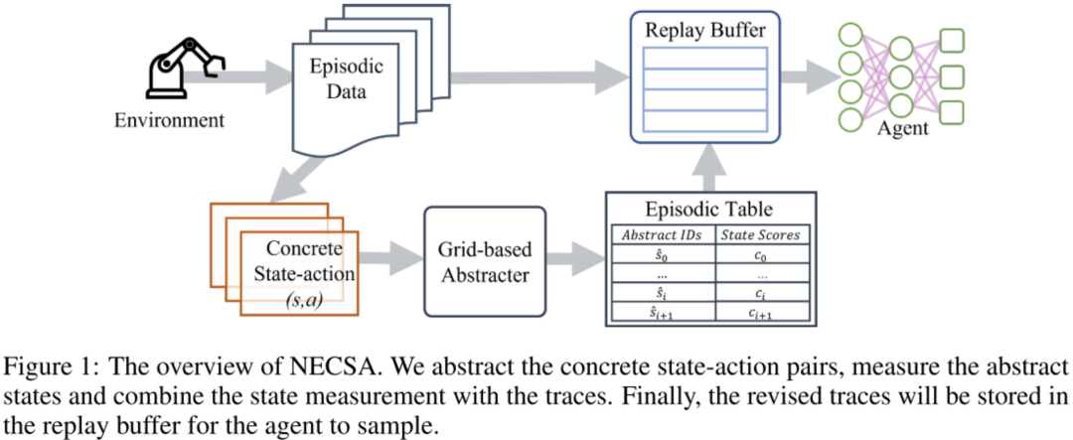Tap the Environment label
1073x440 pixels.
pyautogui.click(x=169, y=121)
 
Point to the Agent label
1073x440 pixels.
pyautogui.click(x=902, y=128)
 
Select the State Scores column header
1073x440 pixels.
pyautogui.click(x=761, y=235)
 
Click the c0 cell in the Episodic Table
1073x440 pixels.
pyautogui.click(x=761, y=255)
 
